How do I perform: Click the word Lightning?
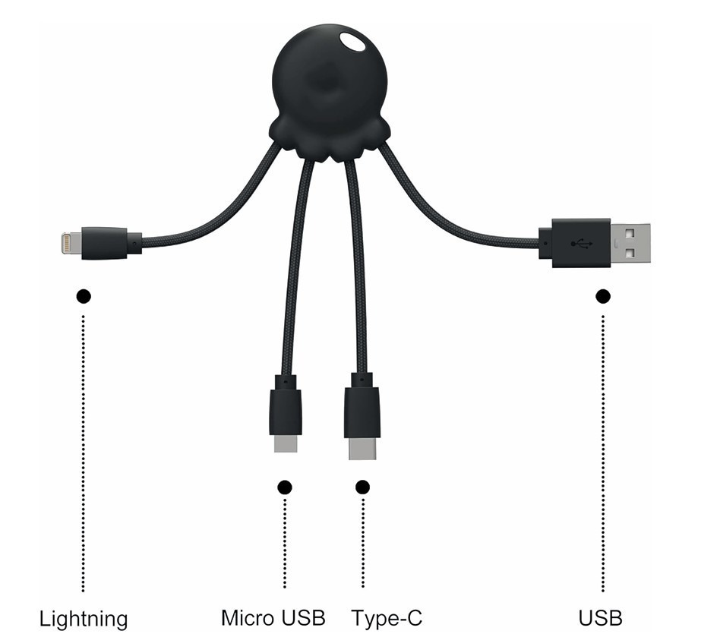[84, 620]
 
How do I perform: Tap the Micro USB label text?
[273, 618]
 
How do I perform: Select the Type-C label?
[387, 618]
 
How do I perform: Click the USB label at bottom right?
[600, 618]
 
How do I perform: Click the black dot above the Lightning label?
[84, 297]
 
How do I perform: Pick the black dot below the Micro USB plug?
[285, 487]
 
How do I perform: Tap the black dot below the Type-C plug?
[362, 487]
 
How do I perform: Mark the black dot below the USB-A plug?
[603, 297]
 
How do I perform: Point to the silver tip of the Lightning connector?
[71, 242]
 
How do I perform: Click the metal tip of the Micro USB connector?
[286, 443]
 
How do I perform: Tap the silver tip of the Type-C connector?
[362, 449]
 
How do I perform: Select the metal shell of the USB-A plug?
[630, 243]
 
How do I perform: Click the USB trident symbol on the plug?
[582, 243]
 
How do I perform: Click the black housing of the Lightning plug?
[111, 243]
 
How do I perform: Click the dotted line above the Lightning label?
[83, 453]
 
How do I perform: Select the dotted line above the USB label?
[603, 453]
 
